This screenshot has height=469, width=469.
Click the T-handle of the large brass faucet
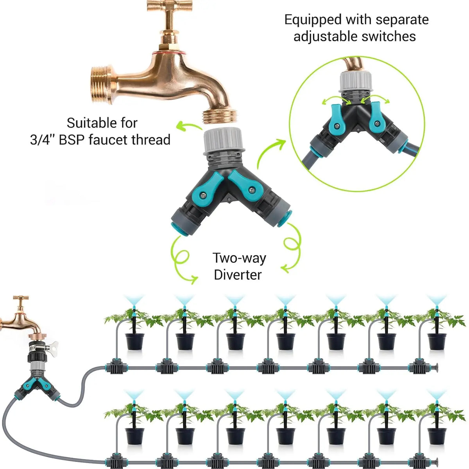[169, 7]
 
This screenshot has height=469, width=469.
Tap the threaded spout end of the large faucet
[220, 116]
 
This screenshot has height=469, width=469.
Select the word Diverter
[238, 274]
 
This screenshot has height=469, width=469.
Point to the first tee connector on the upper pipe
[116, 367]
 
